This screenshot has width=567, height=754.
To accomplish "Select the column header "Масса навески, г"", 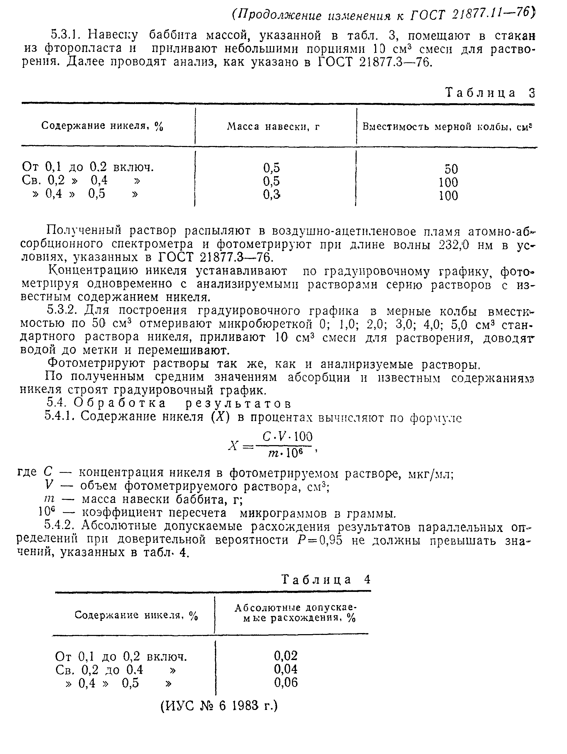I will coord(273,127).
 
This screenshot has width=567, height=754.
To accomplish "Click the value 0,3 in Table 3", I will coord(272,195).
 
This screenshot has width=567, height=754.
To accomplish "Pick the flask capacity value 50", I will coord(451,169).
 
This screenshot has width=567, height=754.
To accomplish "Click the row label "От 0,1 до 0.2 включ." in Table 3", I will coord(88,167).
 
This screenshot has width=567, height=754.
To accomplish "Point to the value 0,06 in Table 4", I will coord(286,682).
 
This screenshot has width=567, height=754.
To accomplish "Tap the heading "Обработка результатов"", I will coord(183,403).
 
